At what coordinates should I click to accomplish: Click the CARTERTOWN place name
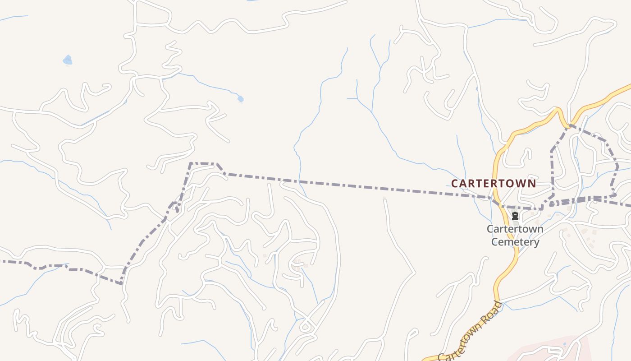[494, 184]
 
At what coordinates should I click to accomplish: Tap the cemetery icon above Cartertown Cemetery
[515, 216]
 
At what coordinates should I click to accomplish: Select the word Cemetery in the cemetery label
[515, 242]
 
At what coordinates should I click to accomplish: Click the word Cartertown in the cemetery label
[515, 229]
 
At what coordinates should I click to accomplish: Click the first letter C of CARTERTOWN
[455, 184]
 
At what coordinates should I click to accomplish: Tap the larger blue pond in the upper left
[68, 60]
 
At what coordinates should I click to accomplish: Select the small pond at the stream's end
[240, 98]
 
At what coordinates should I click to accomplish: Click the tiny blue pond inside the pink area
[564, 345]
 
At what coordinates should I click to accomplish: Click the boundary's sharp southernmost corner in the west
[121, 283]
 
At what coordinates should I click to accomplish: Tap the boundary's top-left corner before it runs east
[191, 163]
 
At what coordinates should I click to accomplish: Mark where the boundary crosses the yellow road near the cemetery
[498, 203]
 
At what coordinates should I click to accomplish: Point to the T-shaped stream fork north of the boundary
[357, 98]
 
